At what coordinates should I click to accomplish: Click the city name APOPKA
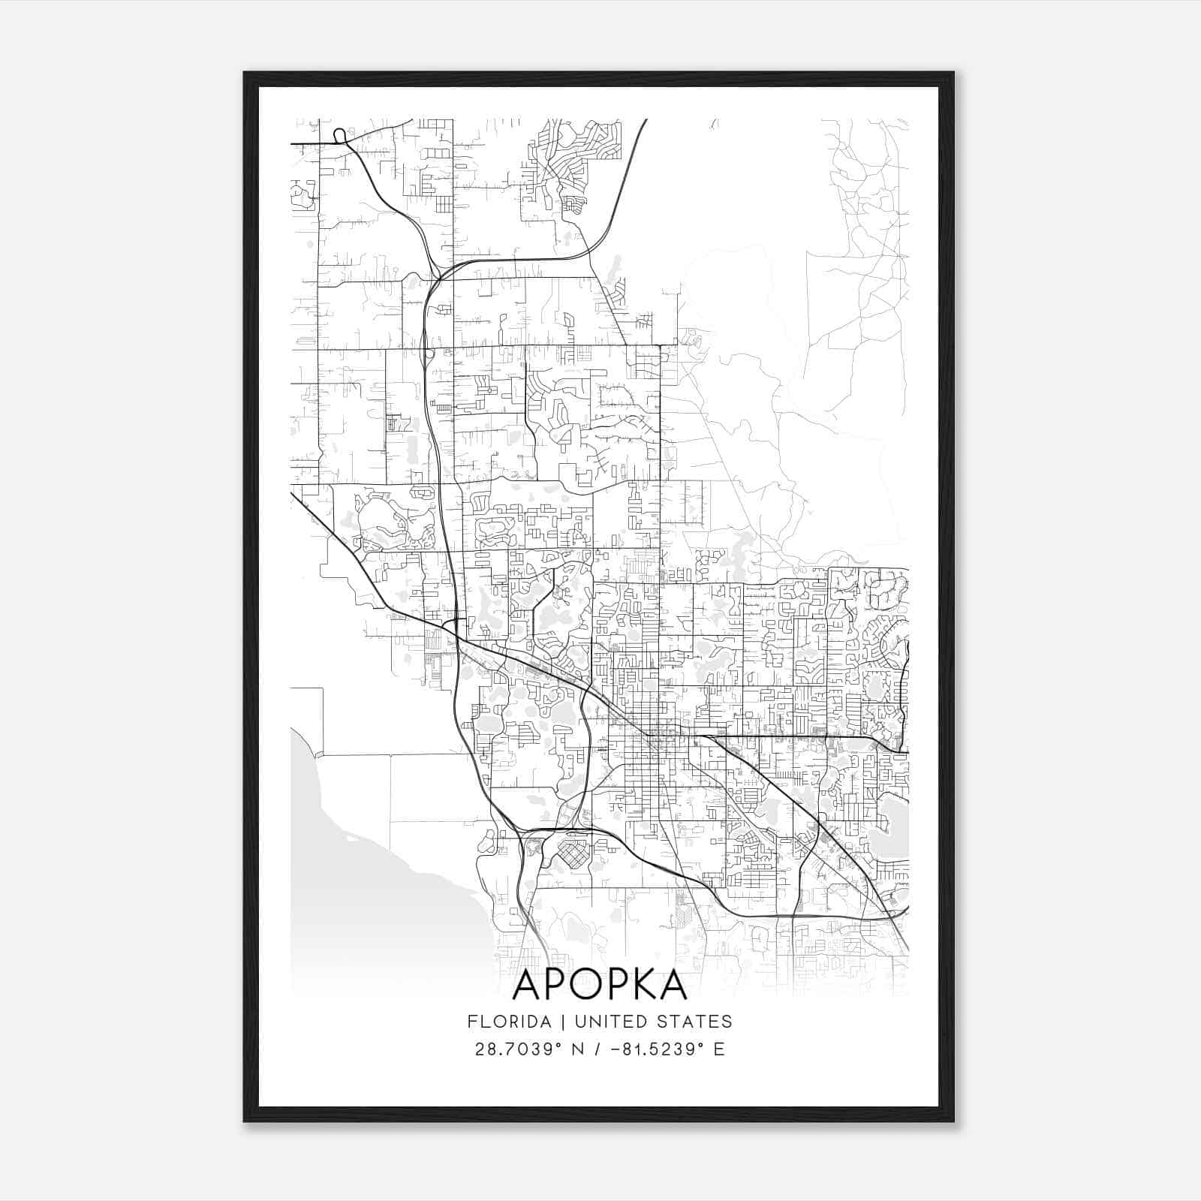(x=600, y=986)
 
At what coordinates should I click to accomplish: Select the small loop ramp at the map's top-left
(x=339, y=135)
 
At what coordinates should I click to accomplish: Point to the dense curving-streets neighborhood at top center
(x=574, y=161)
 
